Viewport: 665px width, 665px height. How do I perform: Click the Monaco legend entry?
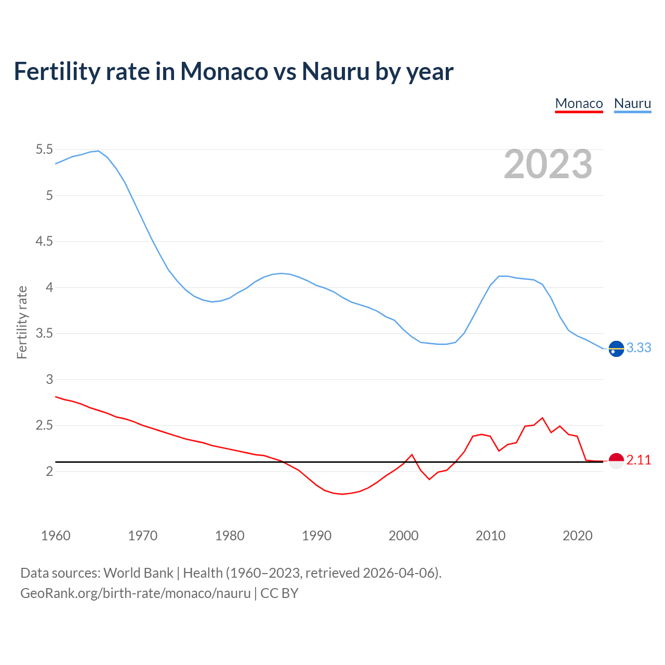pyautogui.click(x=579, y=103)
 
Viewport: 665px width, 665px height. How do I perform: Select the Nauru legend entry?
pyautogui.click(x=632, y=103)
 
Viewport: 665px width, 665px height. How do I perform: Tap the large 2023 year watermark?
pyautogui.click(x=548, y=164)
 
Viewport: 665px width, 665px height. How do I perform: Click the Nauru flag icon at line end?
pyautogui.click(x=616, y=349)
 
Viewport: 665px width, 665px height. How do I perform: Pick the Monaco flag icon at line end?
pyautogui.click(x=616, y=461)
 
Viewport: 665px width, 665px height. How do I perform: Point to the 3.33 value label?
pyautogui.click(x=639, y=348)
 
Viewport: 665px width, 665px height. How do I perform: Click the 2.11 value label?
pyautogui.click(x=639, y=460)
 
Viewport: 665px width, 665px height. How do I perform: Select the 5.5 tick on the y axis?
pyautogui.click(x=44, y=150)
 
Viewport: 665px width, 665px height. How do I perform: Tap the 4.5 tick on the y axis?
pyautogui.click(x=44, y=242)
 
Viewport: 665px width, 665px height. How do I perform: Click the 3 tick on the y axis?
pyautogui.click(x=50, y=379)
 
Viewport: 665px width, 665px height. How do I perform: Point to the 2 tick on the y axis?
pyautogui.click(x=50, y=471)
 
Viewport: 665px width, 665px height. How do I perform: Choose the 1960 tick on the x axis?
pyautogui.click(x=56, y=536)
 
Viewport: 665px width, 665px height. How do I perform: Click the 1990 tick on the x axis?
pyautogui.click(x=316, y=536)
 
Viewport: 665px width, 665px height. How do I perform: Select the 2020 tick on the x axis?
pyautogui.click(x=577, y=536)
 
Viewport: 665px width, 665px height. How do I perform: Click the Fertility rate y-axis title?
pyautogui.click(x=22, y=322)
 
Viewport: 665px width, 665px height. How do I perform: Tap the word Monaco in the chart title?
pyautogui.click(x=224, y=72)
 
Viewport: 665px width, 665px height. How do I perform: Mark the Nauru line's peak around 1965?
pyautogui.click(x=98, y=151)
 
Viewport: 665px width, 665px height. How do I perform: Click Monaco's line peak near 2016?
pyautogui.click(x=542, y=418)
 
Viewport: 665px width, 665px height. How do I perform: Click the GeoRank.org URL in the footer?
pyautogui.click(x=135, y=593)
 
